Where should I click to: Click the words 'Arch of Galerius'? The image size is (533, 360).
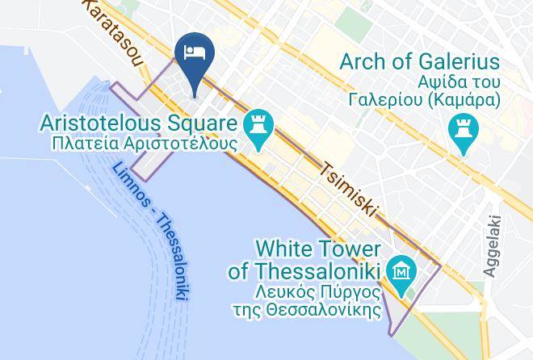coord(419,62)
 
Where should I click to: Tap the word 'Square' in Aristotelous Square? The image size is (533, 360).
coord(204,124)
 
